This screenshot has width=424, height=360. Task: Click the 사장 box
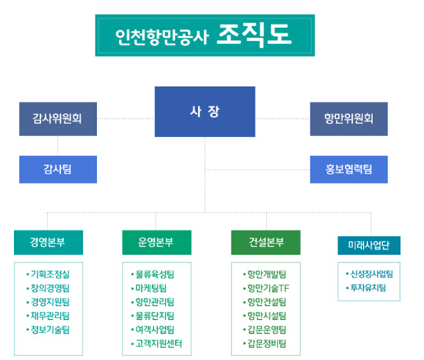point(205,112)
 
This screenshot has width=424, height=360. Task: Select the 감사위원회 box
point(58,119)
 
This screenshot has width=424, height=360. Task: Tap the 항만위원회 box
point(348,119)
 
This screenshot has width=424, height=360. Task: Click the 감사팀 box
point(58,170)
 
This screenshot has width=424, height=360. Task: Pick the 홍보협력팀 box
point(348,170)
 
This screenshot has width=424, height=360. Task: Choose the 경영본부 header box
point(49,242)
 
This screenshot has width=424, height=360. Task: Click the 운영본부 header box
point(156,242)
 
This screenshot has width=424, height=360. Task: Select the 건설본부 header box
point(265,242)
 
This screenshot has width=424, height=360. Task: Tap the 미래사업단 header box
point(368,245)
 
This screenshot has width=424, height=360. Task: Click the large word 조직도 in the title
point(254,35)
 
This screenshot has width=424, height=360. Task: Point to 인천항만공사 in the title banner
point(162,37)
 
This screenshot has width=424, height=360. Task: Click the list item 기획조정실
point(50,274)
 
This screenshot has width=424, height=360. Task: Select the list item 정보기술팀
point(50,330)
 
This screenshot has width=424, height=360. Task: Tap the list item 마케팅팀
point(151,288)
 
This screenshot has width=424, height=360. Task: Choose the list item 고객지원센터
point(159,344)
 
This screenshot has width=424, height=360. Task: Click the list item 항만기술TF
point(268,288)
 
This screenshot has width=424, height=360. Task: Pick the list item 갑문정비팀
point(267,344)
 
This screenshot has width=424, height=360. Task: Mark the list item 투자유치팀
point(368,288)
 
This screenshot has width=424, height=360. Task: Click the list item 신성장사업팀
point(372,274)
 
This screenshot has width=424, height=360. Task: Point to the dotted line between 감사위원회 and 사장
point(126,119)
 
